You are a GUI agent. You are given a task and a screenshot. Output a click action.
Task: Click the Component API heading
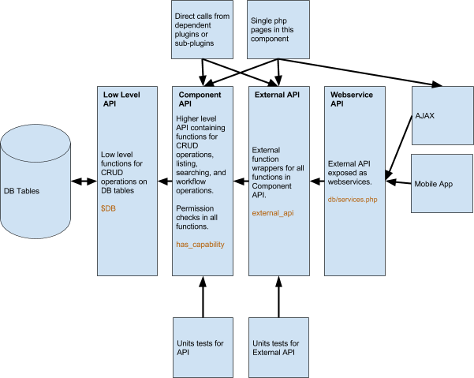[200, 99]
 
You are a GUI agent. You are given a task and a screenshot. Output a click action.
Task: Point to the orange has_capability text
[200, 245]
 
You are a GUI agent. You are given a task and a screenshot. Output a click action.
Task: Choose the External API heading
[277, 95]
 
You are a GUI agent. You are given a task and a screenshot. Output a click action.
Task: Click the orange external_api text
[273, 213]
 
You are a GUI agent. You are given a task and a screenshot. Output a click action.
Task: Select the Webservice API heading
[351, 99]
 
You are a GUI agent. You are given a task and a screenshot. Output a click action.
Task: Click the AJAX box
[442, 115]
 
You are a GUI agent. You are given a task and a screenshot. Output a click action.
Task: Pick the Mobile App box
[442, 184]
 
